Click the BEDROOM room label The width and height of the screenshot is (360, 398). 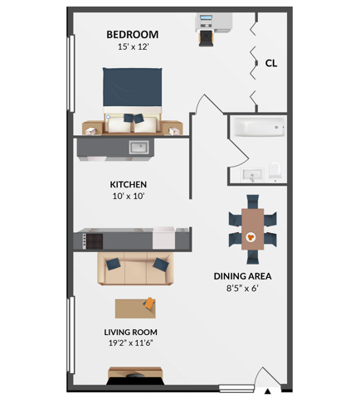133,35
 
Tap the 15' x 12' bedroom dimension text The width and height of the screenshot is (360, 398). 134,46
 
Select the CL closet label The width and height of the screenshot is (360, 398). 271,63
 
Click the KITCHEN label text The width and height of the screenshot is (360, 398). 129,184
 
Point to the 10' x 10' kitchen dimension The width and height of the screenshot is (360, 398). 129,196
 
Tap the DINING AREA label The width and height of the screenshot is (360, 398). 242,276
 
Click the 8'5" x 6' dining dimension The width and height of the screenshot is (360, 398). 242,289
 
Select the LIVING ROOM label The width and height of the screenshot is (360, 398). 130,332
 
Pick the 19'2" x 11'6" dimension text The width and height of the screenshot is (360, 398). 130,343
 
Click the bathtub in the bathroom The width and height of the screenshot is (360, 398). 259,127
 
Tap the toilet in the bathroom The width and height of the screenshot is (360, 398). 275,170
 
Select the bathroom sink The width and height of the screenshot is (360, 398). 252,175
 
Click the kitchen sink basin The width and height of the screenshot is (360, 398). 139,147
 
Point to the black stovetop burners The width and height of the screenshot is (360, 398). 95,241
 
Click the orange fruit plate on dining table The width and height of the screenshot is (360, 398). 251,237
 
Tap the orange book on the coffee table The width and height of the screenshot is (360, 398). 149,303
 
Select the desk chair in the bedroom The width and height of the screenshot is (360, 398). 206,38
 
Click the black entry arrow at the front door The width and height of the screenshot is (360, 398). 267,391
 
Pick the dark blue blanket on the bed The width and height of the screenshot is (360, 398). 133,87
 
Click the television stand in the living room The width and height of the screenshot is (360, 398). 135,376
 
